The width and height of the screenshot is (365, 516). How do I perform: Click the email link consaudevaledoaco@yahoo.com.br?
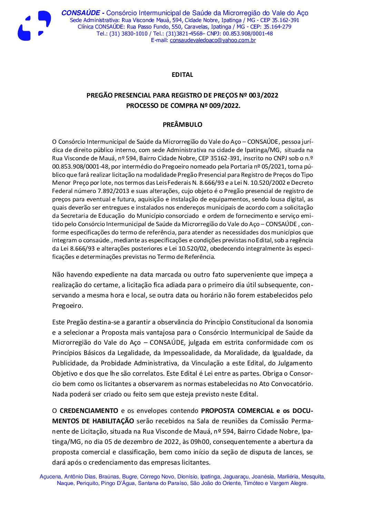point(213,40)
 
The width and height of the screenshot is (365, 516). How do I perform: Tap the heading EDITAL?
point(182,75)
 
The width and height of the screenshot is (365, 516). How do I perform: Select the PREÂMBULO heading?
point(182,125)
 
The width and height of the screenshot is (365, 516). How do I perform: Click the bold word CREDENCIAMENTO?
point(89,411)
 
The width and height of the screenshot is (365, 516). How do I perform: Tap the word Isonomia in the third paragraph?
point(299,322)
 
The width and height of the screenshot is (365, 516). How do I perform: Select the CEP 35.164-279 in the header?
point(277,27)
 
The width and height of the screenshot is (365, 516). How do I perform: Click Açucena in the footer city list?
point(51,477)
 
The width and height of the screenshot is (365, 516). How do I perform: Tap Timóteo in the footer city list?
point(254,483)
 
